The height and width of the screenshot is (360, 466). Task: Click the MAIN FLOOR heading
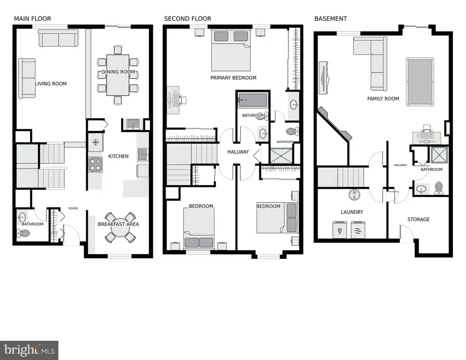(32, 19)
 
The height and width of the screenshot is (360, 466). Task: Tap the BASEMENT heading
(331, 19)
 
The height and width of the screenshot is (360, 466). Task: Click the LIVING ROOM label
(51, 84)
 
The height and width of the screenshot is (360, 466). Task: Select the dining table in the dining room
(118, 75)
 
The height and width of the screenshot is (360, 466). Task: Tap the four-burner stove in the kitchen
(96, 165)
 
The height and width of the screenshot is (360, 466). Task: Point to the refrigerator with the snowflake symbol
(96, 142)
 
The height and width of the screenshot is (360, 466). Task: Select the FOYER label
(73, 208)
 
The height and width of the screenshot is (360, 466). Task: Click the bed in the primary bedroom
(231, 50)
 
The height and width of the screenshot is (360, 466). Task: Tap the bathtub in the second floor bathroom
(253, 100)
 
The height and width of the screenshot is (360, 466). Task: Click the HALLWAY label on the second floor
(238, 152)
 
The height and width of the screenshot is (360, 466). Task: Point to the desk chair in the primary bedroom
(182, 100)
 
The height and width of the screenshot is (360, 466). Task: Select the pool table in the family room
(420, 82)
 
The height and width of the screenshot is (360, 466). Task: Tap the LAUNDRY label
(352, 212)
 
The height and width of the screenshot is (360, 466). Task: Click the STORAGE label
(419, 219)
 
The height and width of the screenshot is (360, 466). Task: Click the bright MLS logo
(29, 350)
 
